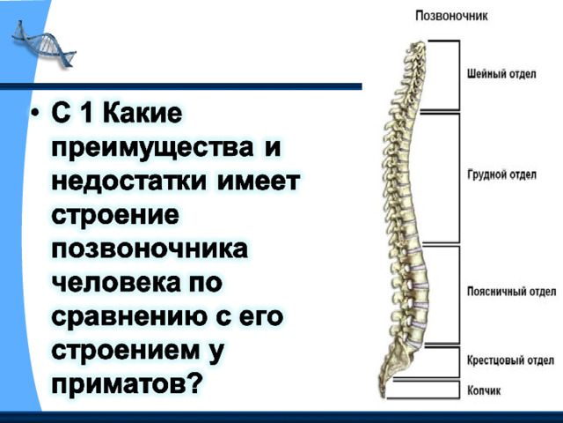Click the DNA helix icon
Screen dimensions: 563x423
[44, 45]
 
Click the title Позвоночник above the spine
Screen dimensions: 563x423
[451, 16]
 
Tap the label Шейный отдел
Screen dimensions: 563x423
[501, 74]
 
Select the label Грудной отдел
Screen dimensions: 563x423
[501, 174]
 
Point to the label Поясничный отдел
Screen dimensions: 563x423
[512, 292]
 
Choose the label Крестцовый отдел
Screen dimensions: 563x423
[510, 360]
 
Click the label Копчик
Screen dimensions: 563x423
[484, 390]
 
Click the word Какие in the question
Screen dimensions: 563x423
[143, 113]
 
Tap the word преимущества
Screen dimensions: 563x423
[152, 147]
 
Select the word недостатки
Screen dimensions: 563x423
[129, 182]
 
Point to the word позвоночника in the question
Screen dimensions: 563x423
[150, 249]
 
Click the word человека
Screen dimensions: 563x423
[115, 283]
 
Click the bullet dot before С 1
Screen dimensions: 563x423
[35, 113]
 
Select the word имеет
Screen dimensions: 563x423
[259, 182]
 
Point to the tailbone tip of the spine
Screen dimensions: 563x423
[383, 395]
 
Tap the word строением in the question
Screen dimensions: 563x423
[125, 351]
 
